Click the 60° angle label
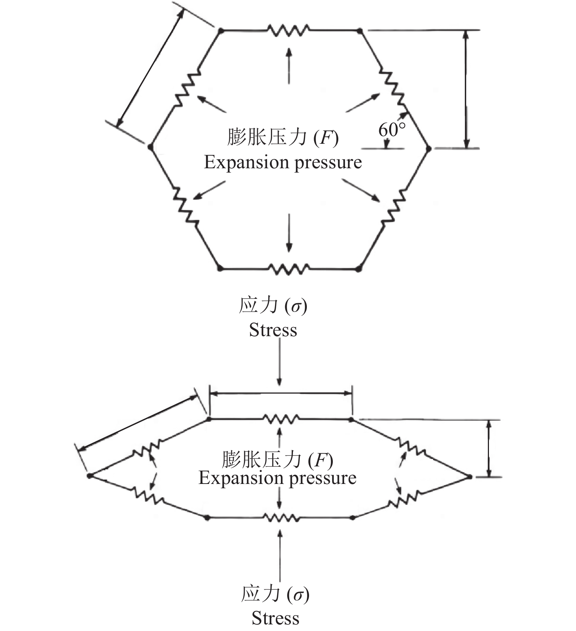click(391, 130)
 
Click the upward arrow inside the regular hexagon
click(289, 66)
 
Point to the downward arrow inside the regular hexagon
click(289, 233)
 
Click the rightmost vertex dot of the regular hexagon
click(429, 148)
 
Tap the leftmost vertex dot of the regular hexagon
click(150, 147)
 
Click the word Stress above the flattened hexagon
click(273, 330)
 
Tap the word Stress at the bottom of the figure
click(275, 618)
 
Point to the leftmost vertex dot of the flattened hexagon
click(89, 476)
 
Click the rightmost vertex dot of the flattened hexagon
click(470, 477)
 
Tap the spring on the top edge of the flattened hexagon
click(281, 418)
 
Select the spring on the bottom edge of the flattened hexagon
click(281, 518)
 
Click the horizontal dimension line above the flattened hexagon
click(281, 394)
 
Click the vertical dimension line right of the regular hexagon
click(466, 89)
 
